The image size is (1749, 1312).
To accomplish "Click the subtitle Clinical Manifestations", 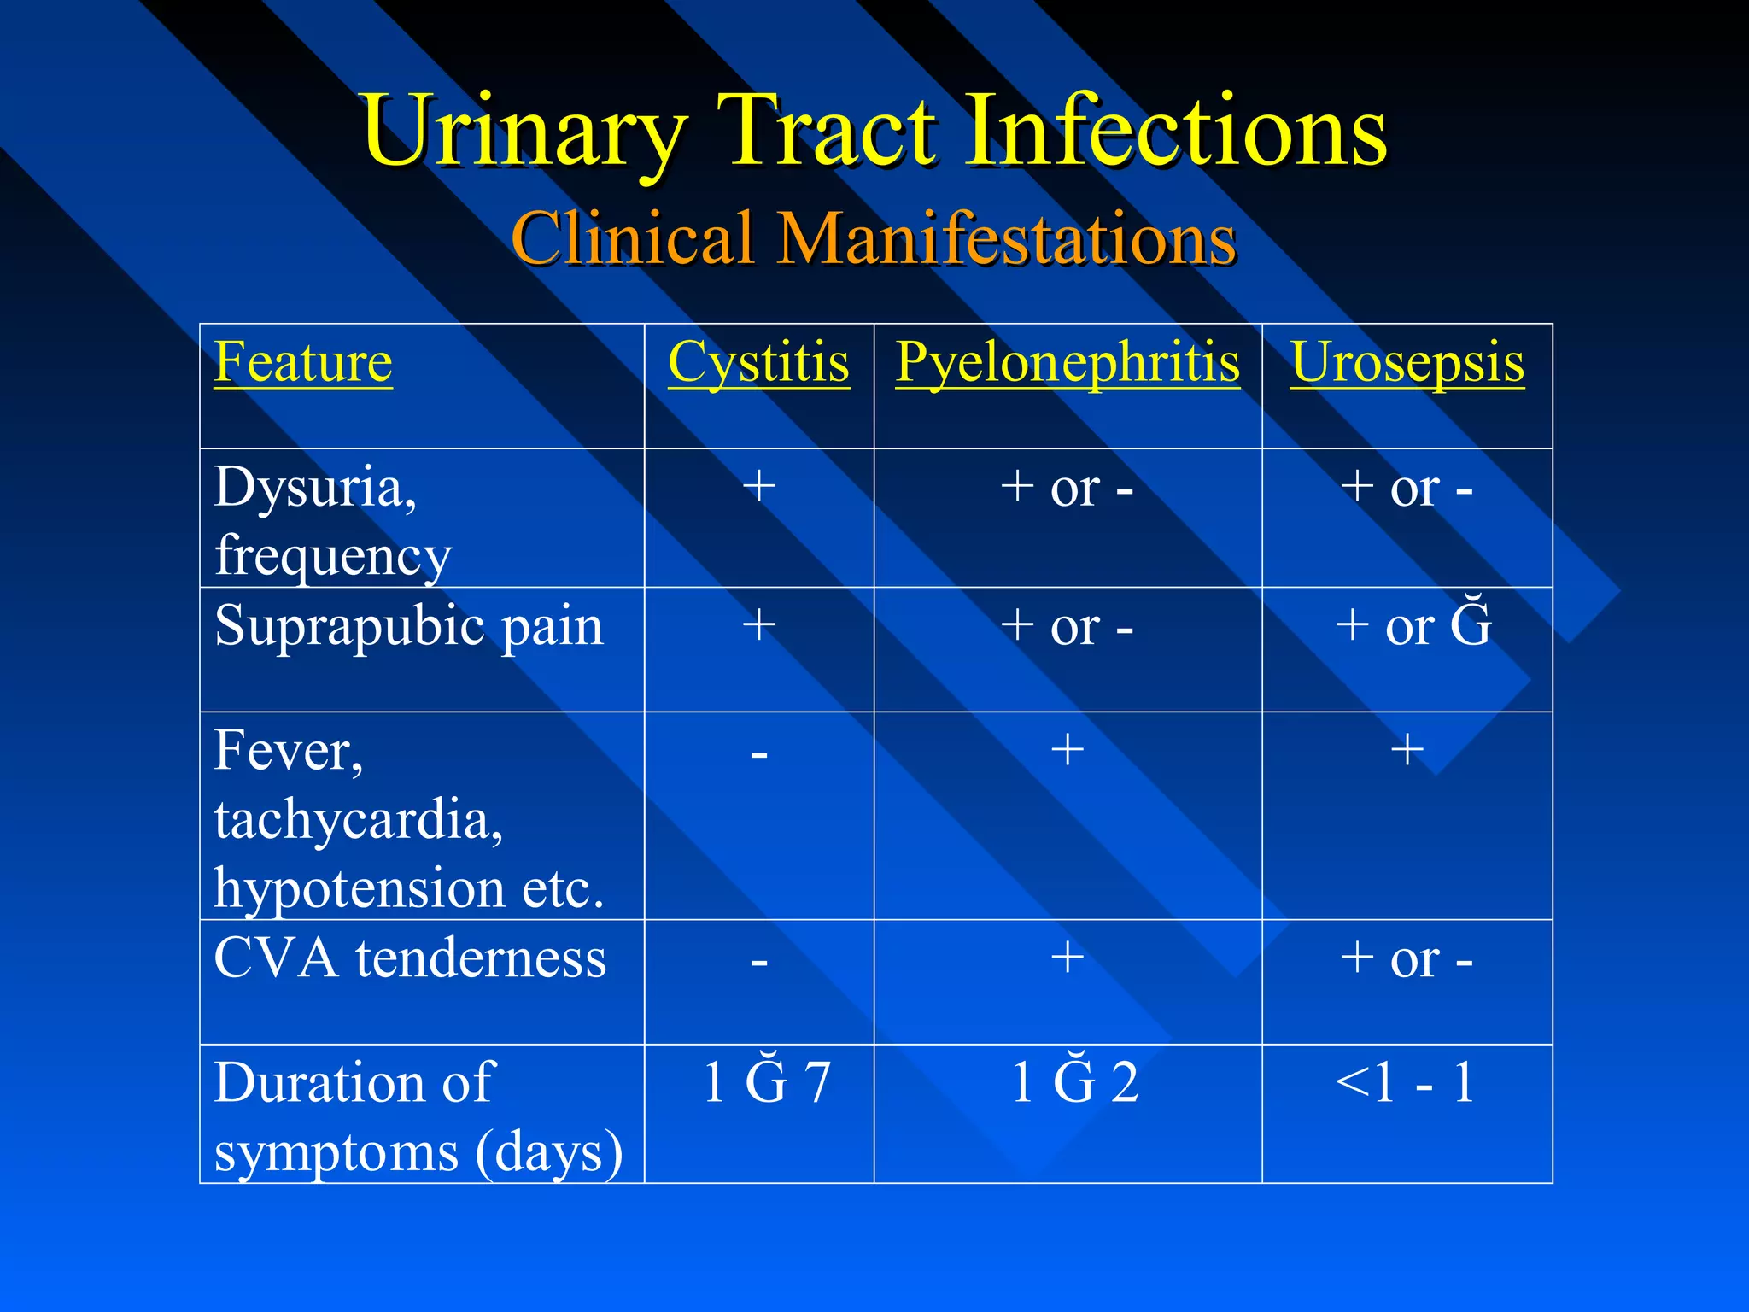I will tap(874, 238).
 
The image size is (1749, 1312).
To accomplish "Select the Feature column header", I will tap(303, 362).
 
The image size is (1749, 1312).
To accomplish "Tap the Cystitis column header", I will tap(758, 362).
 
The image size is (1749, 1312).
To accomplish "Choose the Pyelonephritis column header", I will tap(1068, 362).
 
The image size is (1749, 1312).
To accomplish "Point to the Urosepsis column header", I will tap(1407, 362).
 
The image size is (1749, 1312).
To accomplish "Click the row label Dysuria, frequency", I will tap(332, 520).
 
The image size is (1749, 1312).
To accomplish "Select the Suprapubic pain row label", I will tap(408, 626).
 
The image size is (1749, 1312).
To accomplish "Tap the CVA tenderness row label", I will tap(410, 958).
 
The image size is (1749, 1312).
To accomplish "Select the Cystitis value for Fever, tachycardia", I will tap(758, 754).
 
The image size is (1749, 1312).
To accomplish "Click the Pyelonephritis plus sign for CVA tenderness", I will tap(1068, 957).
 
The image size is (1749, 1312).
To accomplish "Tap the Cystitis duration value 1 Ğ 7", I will tap(766, 1082).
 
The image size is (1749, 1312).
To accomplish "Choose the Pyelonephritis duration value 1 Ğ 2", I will tap(1074, 1082).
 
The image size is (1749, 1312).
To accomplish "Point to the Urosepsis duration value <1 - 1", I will tap(1406, 1082).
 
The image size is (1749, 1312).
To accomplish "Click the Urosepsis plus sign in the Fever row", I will tap(1407, 750).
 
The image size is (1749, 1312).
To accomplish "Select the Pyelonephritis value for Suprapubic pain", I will tap(1068, 626).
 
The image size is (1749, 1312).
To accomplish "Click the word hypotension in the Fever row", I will tap(359, 889).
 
